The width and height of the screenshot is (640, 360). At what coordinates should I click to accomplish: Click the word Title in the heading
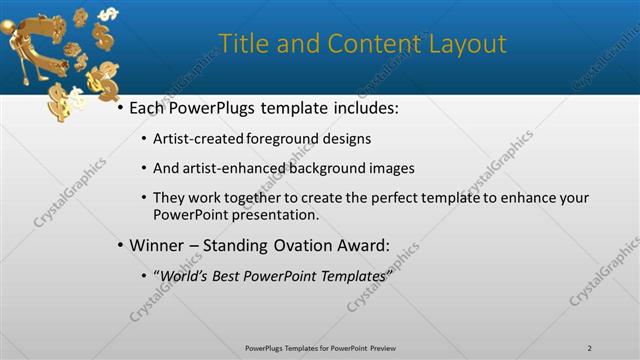[x=243, y=44]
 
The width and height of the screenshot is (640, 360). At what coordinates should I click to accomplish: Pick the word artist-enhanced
[x=228, y=168]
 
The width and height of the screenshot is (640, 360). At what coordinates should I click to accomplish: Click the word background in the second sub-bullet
[x=325, y=168]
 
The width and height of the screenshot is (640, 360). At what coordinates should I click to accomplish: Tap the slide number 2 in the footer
[x=589, y=348]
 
